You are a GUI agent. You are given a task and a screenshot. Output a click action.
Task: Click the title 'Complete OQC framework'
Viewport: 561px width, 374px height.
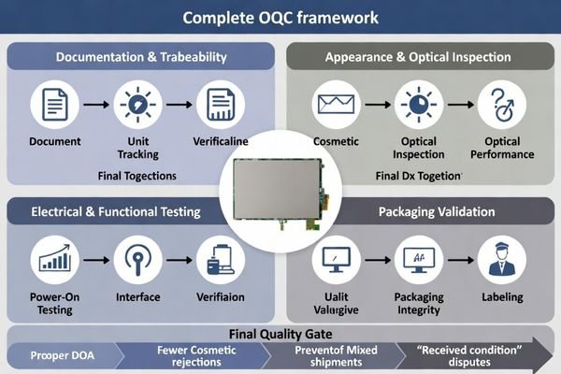click(x=280, y=17)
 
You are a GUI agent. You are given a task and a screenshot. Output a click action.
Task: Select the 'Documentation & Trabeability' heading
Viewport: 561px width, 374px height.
click(x=141, y=57)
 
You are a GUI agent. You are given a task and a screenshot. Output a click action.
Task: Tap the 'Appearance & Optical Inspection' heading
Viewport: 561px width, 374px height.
click(x=417, y=57)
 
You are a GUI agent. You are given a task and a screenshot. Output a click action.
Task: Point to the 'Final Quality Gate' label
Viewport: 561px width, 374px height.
click(x=280, y=332)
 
